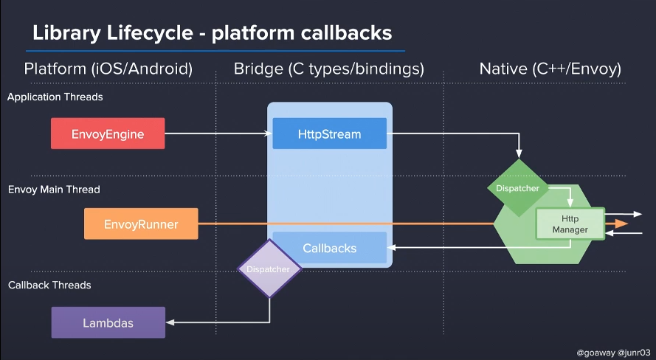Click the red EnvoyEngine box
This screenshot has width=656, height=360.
click(x=108, y=134)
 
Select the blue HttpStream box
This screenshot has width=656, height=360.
click(x=329, y=134)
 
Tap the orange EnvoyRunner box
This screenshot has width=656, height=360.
click(x=141, y=224)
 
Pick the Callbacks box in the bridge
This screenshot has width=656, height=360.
click(x=329, y=249)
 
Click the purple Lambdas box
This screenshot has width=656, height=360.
click(x=108, y=322)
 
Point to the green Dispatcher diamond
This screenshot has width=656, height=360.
click(x=517, y=187)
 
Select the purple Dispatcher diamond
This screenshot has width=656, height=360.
click(x=269, y=269)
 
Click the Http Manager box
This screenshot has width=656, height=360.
click(x=570, y=224)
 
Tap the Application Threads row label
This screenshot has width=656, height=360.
click(x=55, y=97)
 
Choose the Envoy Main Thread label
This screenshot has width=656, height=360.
click(x=54, y=190)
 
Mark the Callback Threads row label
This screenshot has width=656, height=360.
click(x=49, y=285)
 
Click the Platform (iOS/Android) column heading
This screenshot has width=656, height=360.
click(x=108, y=69)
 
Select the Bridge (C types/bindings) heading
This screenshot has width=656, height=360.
click(x=328, y=69)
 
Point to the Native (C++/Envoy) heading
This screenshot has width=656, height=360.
click(x=550, y=69)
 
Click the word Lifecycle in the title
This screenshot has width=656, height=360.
click(x=151, y=34)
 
